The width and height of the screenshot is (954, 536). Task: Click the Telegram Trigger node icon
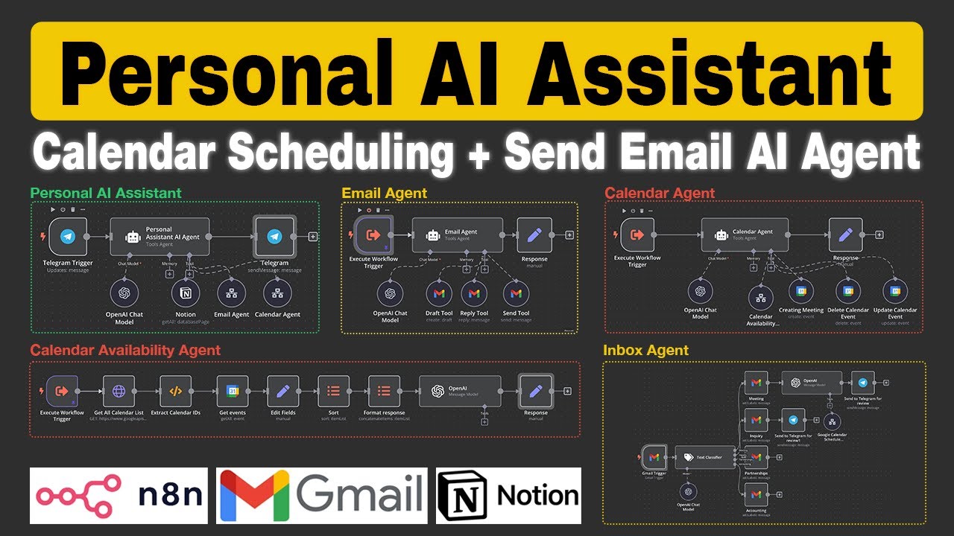[x=69, y=236]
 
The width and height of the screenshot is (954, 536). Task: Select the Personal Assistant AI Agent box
[x=159, y=236]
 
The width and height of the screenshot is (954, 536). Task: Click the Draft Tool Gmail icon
[x=439, y=294]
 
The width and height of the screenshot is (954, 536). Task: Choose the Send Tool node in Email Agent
[x=516, y=294]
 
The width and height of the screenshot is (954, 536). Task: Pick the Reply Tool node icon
[x=474, y=294]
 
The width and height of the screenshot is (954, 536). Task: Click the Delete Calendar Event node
[x=847, y=292]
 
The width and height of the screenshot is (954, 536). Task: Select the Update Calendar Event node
[x=895, y=292]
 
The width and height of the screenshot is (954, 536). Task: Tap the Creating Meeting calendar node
[x=801, y=292]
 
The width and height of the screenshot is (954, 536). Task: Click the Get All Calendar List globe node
[x=119, y=391]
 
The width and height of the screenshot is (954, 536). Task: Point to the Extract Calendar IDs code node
[x=176, y=391]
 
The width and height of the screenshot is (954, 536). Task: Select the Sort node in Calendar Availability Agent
[x=333, y=391]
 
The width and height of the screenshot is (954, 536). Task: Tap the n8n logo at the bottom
[x=119, y=496]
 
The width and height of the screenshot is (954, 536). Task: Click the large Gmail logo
[x=322, y=496]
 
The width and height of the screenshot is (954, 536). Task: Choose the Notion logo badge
[x=508, y=496]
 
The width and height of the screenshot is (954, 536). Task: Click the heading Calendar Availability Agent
[x=125, y=350]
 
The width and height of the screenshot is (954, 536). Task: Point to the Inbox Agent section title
[x=645, y=350]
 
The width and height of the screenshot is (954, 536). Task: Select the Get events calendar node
[x=232, y=391]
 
